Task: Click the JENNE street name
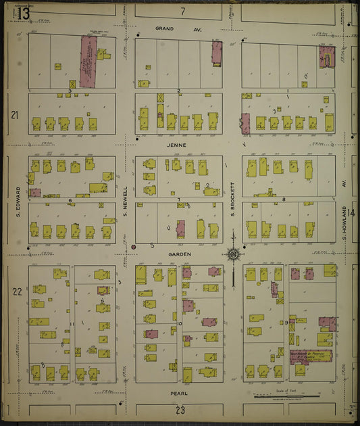(x=180, y=145)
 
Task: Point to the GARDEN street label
(x=181, y=254)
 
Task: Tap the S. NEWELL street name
(x=125, y=201)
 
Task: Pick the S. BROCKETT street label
(x=232, y=199)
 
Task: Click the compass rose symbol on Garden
(x=233, y=254)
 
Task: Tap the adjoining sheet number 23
(x=180, y=410)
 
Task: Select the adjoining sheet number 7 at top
(x=182, y=11)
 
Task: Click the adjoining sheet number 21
(x=14, y=115)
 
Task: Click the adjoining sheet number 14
(x=351, y=214)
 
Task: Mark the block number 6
(x=70, y=200)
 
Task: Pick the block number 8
(x=284, y=199)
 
